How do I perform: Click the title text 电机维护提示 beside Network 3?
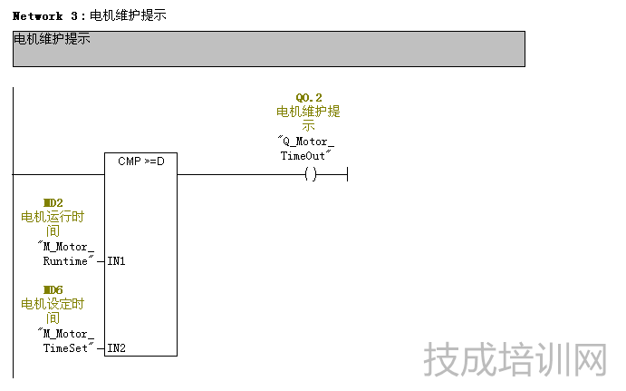128,16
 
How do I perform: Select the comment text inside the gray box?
52,40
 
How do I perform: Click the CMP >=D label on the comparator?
140,161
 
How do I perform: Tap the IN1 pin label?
116,261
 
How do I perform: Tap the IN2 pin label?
116,347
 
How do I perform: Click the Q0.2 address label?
309,97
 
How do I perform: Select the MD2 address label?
53,202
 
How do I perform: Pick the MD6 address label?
53,289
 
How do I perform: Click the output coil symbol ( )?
311,174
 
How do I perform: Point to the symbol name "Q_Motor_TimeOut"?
306,149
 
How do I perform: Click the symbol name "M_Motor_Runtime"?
66,254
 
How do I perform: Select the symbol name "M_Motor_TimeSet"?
66,340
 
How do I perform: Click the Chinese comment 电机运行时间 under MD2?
53,223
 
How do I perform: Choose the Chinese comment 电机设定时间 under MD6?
53,310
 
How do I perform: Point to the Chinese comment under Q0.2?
308,118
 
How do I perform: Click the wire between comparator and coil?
240,174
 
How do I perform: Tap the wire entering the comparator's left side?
59,174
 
